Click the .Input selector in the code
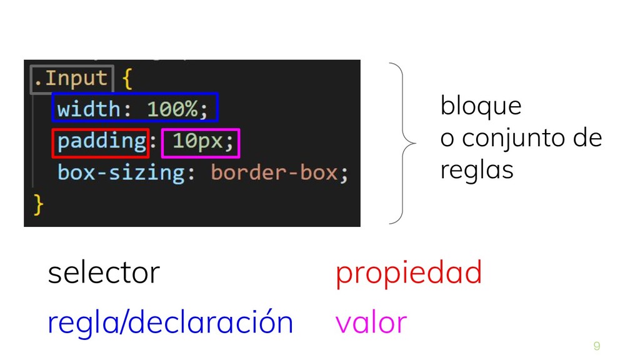point(71,79)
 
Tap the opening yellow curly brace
point(127,79)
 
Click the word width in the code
point(88,109)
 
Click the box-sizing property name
point(121,172)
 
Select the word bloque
point(481,106)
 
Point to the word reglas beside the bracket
point(476,170)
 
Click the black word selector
point(104,273)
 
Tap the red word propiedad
point(409,273)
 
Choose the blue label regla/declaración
point(170,322)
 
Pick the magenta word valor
point(371,322)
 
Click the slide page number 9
point(596,346)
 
